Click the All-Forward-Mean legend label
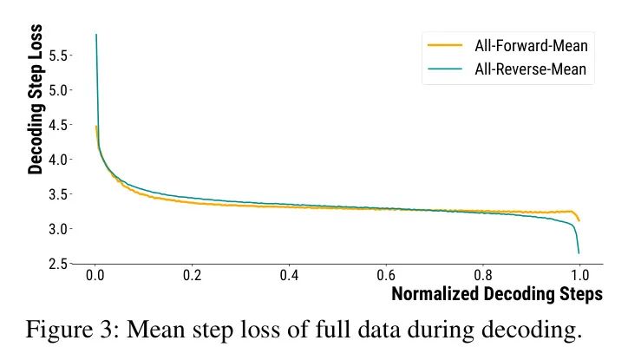(534, 45)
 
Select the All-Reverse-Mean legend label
(534, 69)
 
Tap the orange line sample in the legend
(446, 45)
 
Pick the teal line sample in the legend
(446, 69)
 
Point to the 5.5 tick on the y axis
(57, 56)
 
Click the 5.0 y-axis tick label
(57, 90)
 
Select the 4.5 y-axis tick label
(57, 125)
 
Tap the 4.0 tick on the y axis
(57, 160)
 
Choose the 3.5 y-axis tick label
(57, 194)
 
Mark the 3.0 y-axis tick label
(57, 229)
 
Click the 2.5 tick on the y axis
(57, 263)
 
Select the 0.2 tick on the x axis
(192, 276)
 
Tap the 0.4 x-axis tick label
(289, 276)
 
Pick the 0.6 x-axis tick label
(385, 276)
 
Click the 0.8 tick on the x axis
(482, 276)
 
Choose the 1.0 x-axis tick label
(579, 276)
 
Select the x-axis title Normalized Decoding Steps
(496, 294)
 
